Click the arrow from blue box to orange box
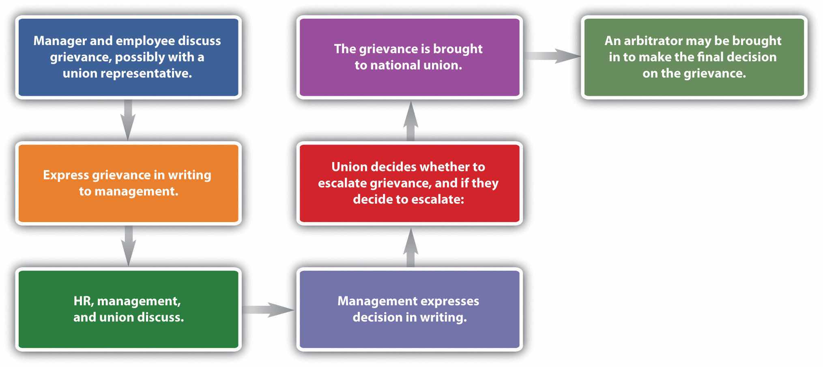pos(128,120)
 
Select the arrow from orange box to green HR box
pos(128,246)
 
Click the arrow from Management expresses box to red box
pos(410,248)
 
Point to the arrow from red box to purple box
pos(410,121)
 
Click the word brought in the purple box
pos(458,49)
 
